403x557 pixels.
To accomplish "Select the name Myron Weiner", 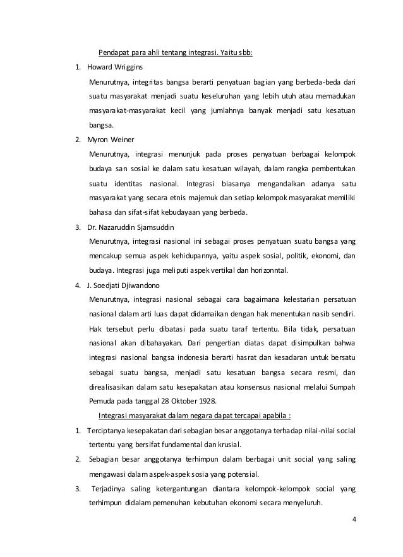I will [108, 139].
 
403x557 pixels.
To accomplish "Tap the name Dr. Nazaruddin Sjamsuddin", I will [129, 227].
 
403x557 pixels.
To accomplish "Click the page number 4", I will [353, 519].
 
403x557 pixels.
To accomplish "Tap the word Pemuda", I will [102, 401].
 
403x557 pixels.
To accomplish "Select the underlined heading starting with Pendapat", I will [174, 52].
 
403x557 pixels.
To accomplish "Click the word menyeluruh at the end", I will [301, 503].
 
